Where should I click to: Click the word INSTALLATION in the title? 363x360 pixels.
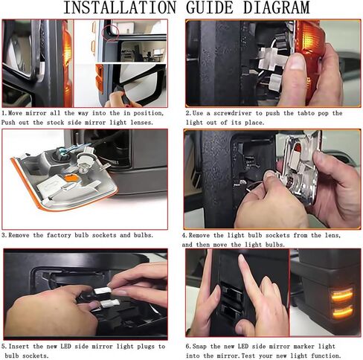pos(120,7)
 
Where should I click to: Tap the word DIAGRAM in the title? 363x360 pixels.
pos(277,7)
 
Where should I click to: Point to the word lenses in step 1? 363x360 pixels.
pos(141,123)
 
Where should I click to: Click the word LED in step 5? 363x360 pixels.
pos(65,347)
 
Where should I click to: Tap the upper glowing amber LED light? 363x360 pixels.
pos(341,295)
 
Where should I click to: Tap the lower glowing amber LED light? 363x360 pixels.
pos(342,312)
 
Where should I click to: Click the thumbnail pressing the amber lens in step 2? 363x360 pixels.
pos(297,62)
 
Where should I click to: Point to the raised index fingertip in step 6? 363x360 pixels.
pos(241,258)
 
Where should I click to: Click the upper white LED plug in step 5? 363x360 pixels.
pos(103,290)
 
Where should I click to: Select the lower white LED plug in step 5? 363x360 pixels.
pos(109,303)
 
